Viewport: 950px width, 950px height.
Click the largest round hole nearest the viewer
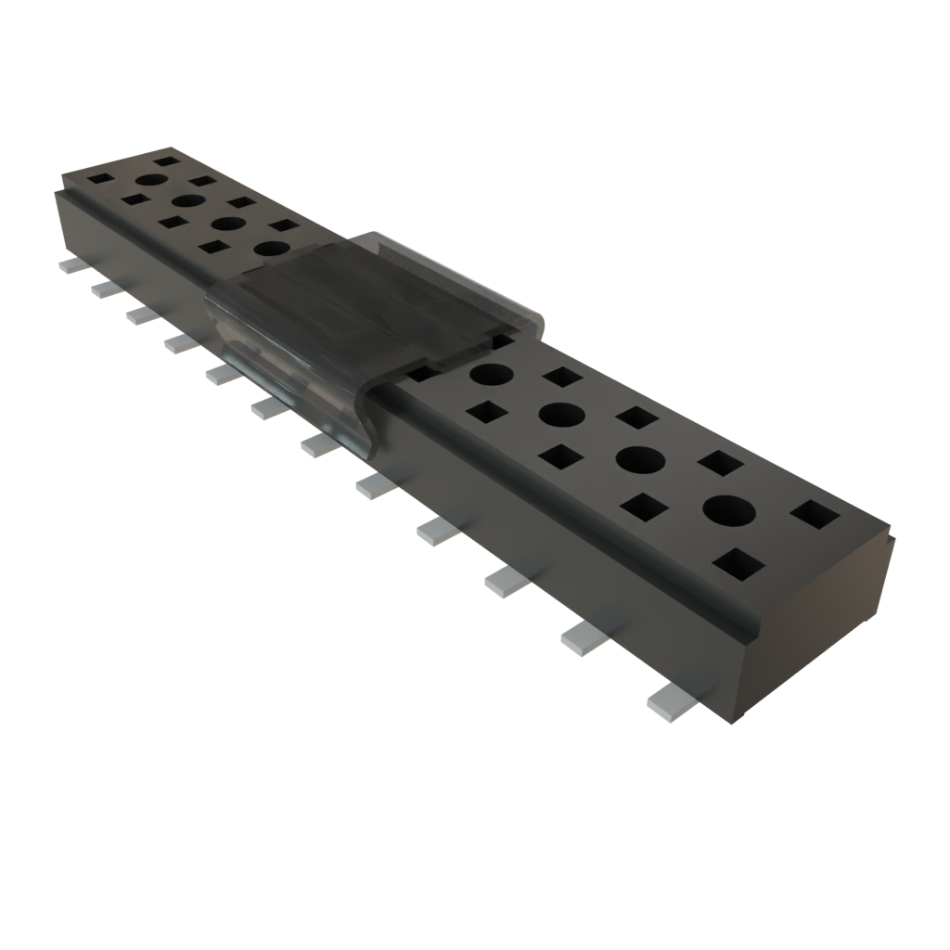[x=729, y=509]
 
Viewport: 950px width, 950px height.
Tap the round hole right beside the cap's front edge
[x=491, y=375]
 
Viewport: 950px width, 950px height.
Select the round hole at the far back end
[x=151, y=180]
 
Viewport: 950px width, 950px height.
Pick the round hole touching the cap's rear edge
[x=272, y=249]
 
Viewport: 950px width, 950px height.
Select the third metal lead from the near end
[x=507, y=581]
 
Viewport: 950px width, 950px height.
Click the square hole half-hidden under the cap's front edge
[x=422, y=373]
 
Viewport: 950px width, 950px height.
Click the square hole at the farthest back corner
[x=167, y=161]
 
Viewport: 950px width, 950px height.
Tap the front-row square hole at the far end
[x=99, y=176]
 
